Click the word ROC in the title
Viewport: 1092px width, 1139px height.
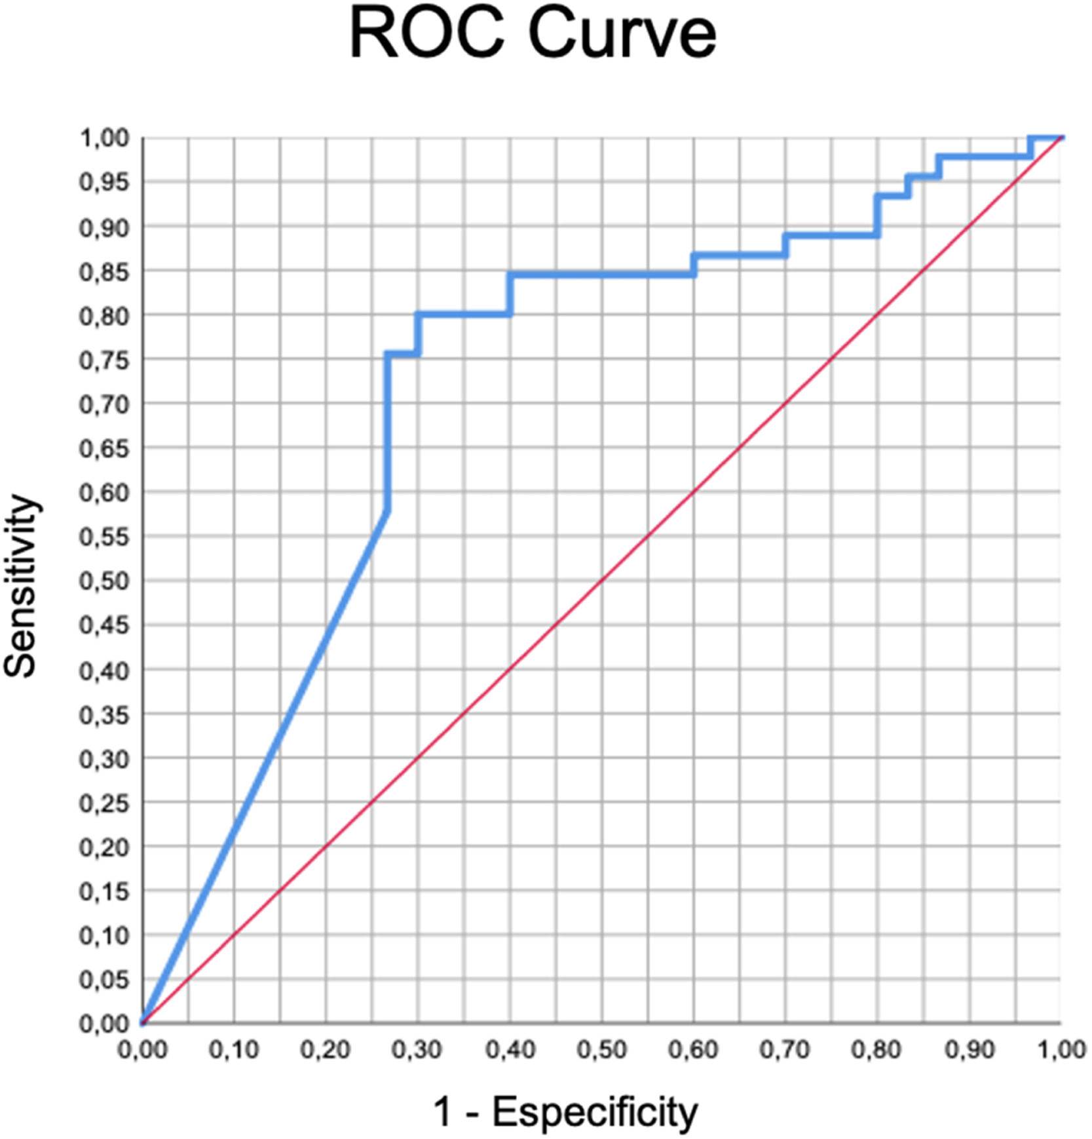point(427,34)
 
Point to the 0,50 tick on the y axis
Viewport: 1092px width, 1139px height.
point(104,581)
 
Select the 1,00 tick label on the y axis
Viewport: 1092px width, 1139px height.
point(104,138)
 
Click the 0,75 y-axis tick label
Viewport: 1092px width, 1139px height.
point(104,360)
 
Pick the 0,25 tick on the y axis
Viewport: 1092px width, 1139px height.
point(104,803)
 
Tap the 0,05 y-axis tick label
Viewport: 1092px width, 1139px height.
point(104,980)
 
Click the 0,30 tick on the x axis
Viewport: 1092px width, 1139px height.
point(417,1050)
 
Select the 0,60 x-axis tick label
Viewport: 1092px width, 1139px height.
point(693,1050)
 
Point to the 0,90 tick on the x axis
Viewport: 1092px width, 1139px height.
point(970,1050)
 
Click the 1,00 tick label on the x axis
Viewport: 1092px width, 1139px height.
point(1061,1050)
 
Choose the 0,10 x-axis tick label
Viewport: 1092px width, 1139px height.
point(234,1050)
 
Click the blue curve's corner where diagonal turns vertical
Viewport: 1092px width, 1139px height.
point(388,511)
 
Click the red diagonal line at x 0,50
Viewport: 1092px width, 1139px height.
point(602,581)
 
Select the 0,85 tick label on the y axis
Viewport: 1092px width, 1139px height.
point(104,271)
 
